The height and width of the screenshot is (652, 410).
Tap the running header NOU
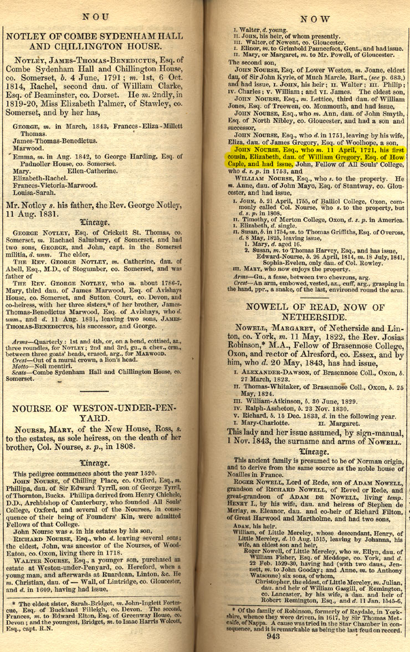pos(96,17)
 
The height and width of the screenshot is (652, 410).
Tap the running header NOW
pos(315,19)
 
